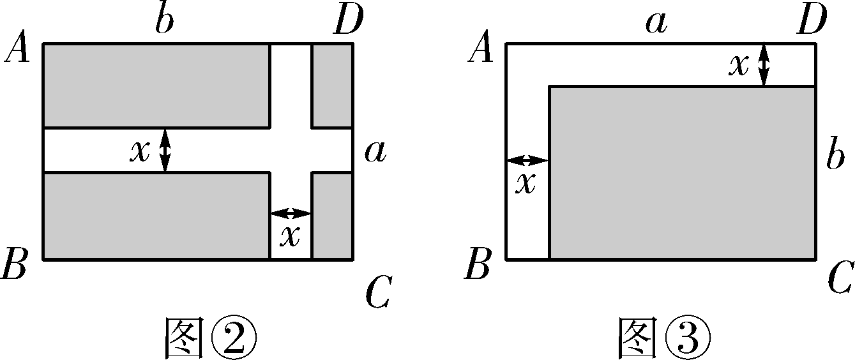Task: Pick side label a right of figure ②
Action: pos(375,153)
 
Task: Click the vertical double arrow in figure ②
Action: pos(165,150)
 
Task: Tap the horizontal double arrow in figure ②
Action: pos(291,213)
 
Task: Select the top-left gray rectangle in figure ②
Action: pos(156,86)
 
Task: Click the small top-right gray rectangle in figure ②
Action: pos(332,86)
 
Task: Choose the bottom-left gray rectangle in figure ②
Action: pos(156,216)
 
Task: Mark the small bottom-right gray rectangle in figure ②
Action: pos(332,216)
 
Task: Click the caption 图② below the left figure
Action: pos(210,337)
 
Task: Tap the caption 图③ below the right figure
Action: pos(663,337)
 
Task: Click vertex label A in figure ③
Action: pos(481,50)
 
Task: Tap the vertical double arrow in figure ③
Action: pos(763,64)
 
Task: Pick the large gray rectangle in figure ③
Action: pos(683,173)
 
